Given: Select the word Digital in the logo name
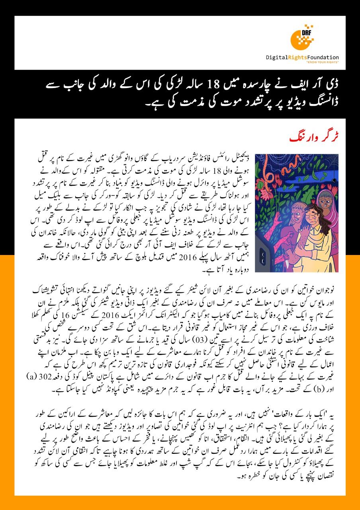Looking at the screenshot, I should [279, 57].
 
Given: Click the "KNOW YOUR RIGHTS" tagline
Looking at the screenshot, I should [323, 63].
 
